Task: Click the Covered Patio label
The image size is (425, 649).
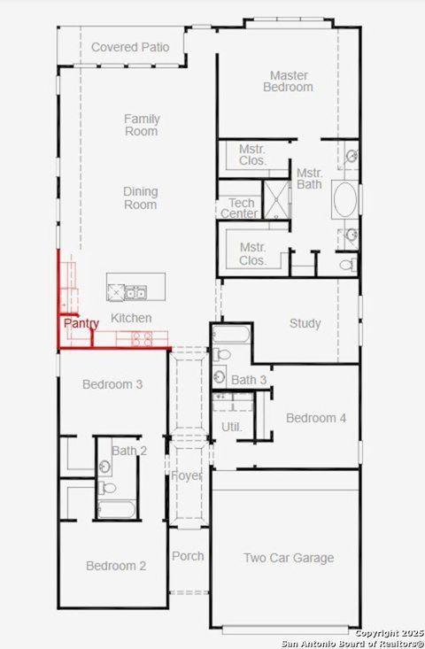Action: (x=130, y=46)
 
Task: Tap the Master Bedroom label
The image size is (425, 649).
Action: (x=289, y=81)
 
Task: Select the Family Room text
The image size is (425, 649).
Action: (x=141, y=125)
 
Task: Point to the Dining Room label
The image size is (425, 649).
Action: (x=141, y=197)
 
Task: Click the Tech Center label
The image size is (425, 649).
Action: (x=239, y=208)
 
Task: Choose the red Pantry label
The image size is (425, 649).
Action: (x=81, y=324)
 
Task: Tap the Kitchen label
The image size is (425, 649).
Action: (x=131, y=318)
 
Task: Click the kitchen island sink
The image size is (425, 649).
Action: (x=135, y=291)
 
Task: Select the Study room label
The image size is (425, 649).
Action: (x=305, y=323)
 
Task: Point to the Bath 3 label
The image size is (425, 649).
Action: (x=249, y=380)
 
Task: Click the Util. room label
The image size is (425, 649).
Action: (x=231, y=427)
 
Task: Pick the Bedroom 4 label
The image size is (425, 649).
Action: (x=316, y=417)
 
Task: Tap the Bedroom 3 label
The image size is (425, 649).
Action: (x=112, y=384)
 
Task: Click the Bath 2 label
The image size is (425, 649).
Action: (x=129, y=451)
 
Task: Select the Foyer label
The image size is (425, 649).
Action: (x=187, y=476)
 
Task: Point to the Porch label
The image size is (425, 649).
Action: (x=187, y=556)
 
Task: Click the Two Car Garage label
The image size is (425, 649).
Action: (x=289, y=558)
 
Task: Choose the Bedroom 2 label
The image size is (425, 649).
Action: (x=116, y=566)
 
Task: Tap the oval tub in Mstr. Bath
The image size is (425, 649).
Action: (x=345, y=201)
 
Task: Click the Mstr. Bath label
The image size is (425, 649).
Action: (x=309, y=178)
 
